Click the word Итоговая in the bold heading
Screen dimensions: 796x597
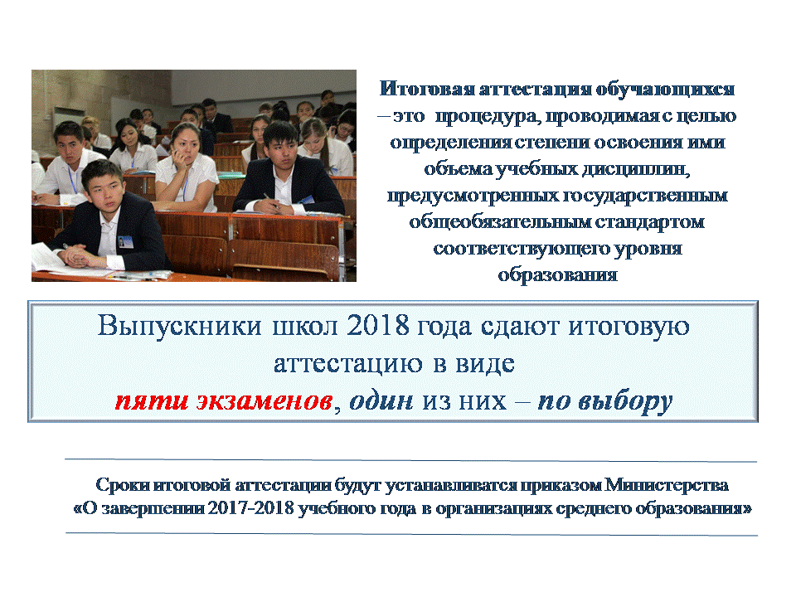(427, 89)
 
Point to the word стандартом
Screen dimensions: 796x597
(649, 221)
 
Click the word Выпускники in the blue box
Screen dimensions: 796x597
(179, 325)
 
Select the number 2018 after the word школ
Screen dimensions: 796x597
(378, 325)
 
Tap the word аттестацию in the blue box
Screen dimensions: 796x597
(348, 363)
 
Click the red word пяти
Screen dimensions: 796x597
(151, 401)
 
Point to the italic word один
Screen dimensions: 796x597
(381, 400)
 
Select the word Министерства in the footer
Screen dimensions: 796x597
(666, 485)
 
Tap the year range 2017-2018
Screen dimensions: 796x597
(250, 508)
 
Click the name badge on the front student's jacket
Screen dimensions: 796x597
(125, 240)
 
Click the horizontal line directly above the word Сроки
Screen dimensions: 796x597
(410, 460)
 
